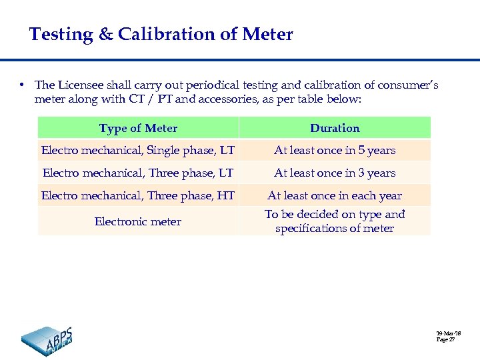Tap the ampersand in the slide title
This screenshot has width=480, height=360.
point(106,34)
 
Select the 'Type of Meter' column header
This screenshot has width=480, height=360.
point(138,128)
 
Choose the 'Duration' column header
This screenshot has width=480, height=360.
point(335,128)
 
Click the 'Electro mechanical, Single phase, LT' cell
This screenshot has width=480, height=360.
point(138,151)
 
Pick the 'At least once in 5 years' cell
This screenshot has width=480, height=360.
point(335,151)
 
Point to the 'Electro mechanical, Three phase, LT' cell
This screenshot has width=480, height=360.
point(138,173)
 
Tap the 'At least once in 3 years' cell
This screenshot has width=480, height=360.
point(335,173)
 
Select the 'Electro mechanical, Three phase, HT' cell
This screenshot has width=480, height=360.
point(138,196)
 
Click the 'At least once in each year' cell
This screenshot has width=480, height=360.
point(335,196)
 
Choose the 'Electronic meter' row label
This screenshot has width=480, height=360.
point(138,221)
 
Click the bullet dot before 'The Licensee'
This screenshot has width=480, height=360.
point(22,85)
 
